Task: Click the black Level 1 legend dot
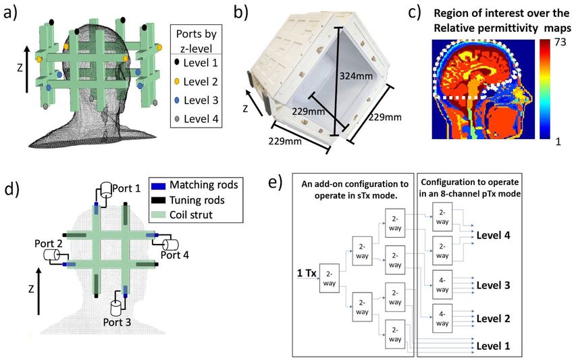coord(177,62)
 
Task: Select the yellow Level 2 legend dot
coord(177,81)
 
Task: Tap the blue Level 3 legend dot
coord(177,100)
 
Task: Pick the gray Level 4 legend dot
coord(177,119)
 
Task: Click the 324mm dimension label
coord(356,76)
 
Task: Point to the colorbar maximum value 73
coord(560,42)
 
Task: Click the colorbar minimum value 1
coord(558,141)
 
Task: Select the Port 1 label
coord(126,188)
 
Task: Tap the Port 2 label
coord(49,244)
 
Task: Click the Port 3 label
coord(117,322)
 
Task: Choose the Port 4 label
coord(175,255)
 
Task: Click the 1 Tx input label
coord(307,273)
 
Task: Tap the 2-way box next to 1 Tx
coord(330,278)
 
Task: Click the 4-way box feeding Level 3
coord(442,285)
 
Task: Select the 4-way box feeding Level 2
coord(442,319)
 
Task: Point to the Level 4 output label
coord(493,235)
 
